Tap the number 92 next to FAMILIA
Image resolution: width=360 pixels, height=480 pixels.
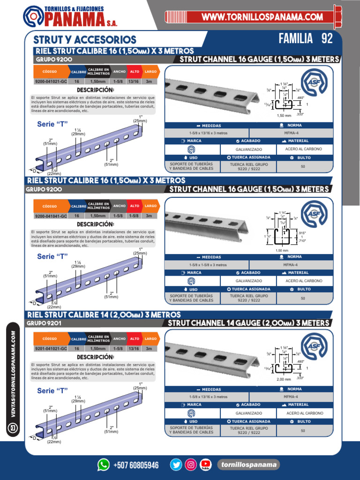[327, 38]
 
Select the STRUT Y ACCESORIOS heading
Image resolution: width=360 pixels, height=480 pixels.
[85, 40]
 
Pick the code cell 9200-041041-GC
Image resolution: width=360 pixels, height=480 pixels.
[51, 216]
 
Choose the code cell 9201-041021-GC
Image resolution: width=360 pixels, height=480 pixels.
[51, 349]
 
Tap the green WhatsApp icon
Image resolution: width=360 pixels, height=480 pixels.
[103, 465]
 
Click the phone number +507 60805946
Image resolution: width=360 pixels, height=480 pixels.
[136, 465]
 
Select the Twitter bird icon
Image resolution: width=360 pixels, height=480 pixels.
[176, 465]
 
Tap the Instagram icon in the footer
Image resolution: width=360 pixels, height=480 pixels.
[191, 465]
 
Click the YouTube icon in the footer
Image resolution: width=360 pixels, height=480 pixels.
[205, 465]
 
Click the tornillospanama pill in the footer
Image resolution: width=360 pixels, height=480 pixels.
[248, 465]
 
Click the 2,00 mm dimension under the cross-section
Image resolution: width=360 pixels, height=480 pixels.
[285, 379]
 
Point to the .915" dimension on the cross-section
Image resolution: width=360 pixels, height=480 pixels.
[302, 233]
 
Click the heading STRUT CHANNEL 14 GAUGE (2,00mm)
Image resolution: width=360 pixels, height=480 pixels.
[248, 323]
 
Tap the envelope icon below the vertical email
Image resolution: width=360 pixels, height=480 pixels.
[13, 427]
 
